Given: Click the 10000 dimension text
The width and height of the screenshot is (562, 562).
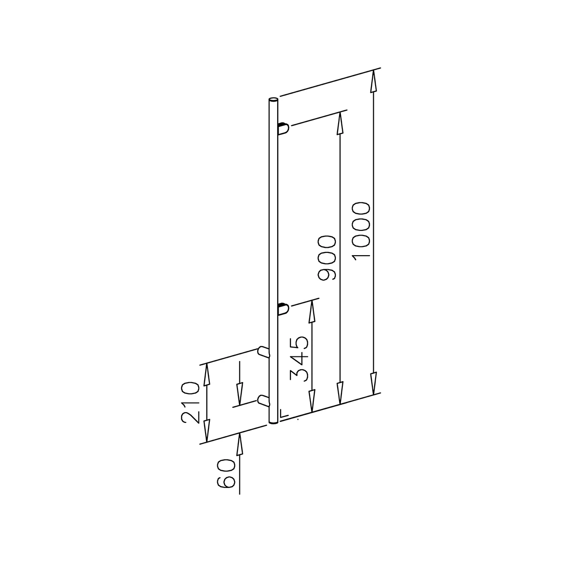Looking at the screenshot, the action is click(361, 230).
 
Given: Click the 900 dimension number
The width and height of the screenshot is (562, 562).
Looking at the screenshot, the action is click(327, 258).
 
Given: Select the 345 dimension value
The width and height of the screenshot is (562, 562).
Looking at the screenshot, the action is click(299, 359).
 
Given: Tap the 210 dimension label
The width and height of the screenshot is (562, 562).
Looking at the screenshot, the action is click(190, 402).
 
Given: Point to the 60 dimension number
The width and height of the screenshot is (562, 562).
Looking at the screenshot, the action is click(226, 473).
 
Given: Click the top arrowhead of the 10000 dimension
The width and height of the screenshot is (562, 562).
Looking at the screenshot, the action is click(373, 82).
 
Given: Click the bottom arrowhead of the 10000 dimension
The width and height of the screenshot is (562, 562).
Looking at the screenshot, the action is click(373, 384).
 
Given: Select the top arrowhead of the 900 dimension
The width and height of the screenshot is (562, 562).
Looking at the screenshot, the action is click(340, 124).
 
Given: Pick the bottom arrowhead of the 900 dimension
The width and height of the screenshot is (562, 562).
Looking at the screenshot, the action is click(340, 393).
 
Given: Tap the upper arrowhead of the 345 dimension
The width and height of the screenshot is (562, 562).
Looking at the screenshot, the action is click(312, 311).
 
